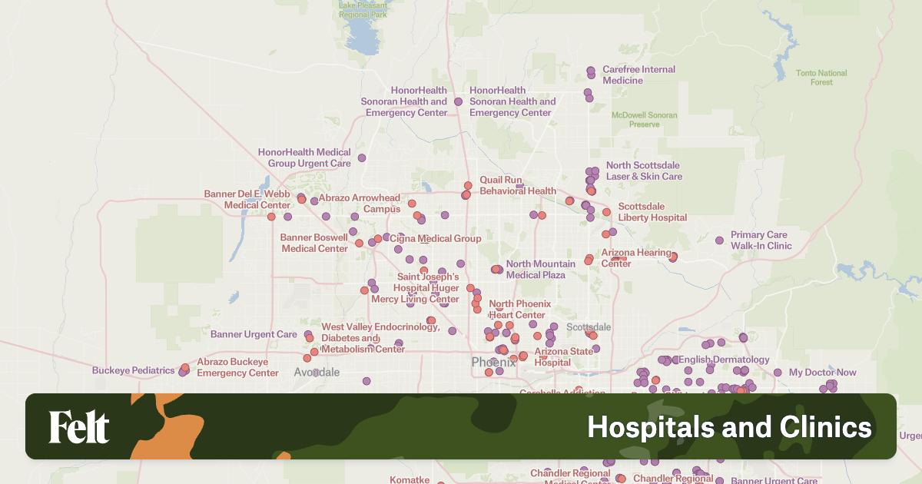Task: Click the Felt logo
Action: tap(79, 427)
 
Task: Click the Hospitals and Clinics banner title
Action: tap(729, 427)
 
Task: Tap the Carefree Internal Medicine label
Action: tap(638, 75)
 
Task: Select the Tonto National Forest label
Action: tap(821, 78)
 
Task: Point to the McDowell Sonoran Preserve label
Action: tap(644, 120)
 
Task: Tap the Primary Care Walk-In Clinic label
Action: tap(761, 240)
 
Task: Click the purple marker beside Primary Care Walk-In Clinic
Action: tap(719, 240)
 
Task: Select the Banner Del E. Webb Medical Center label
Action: tap(247, 200)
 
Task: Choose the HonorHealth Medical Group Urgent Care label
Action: tap(304, 158)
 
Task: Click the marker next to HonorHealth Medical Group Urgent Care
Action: tap(362, 157)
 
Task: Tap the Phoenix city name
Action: tap(493, 362)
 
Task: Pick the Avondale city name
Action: tap(317, 372)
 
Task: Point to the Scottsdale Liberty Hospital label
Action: tap(652, 212)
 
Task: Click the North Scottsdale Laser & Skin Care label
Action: tap(644, 171)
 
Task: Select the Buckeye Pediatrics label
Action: tap(133, 370)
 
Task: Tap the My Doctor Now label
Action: tap(822, 373)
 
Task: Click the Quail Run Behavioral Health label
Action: tap(518, 185)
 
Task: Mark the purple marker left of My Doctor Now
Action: tap(778, 373)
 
